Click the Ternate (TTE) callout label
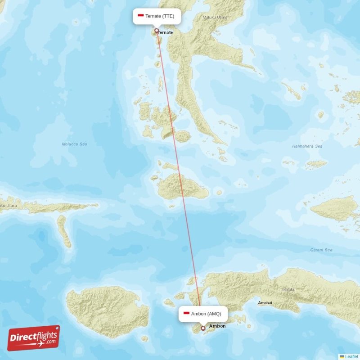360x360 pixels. click(x=157, y=16)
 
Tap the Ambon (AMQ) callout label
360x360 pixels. click(x=202, y=314)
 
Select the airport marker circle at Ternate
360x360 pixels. click(x=157, y=31)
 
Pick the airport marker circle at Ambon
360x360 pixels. click(x=203, y=328)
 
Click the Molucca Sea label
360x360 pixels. click(x=74, y=144)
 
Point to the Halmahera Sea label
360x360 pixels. click(x=307, y=146)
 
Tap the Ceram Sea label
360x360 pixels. click(x=321, y=250)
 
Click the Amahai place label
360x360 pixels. click(x=265, y=303)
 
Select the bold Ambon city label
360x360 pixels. click(x=218, y=326)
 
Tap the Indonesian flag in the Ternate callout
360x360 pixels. click(x=141, y=16)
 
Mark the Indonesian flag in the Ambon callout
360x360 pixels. click(x=186, y=313)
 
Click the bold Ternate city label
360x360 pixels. click(x=166, y=32)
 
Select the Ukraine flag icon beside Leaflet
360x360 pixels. click(x=342, y=356)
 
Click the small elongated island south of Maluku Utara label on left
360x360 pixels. click(x=64, y=230)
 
